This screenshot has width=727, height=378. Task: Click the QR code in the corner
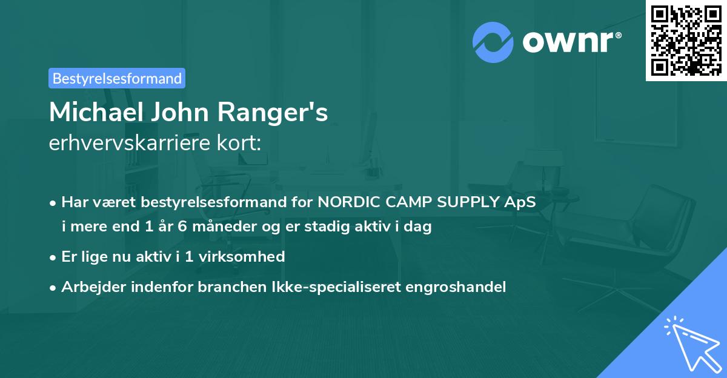pyautogui.click(x=686, y=41)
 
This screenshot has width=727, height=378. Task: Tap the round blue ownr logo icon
pyautogui.click(x=493, y=41)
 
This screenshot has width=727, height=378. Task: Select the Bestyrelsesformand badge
pyautogui.click(x=116, y=78)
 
